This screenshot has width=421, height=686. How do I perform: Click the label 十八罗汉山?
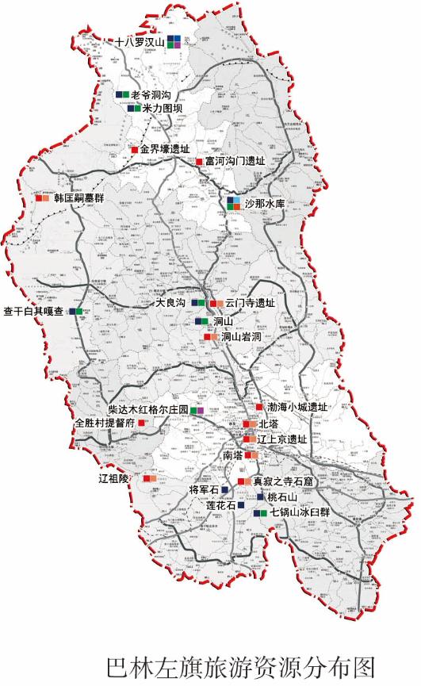click(140, 42)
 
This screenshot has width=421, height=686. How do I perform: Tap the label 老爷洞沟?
click(155, 94)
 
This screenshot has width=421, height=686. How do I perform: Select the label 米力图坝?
click(164, 108)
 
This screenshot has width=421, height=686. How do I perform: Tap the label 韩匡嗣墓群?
click(79, 197)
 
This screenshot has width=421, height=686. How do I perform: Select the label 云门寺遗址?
click(250, 303)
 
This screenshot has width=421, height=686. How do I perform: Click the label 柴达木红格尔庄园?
click(148, 410)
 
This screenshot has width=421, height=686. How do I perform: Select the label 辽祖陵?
click(113, 478)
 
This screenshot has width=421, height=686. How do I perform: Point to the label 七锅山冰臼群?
click(300, 512)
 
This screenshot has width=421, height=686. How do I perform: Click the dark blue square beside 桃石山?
click(260, 496)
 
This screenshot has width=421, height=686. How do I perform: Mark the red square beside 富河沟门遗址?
click(199, 162)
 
